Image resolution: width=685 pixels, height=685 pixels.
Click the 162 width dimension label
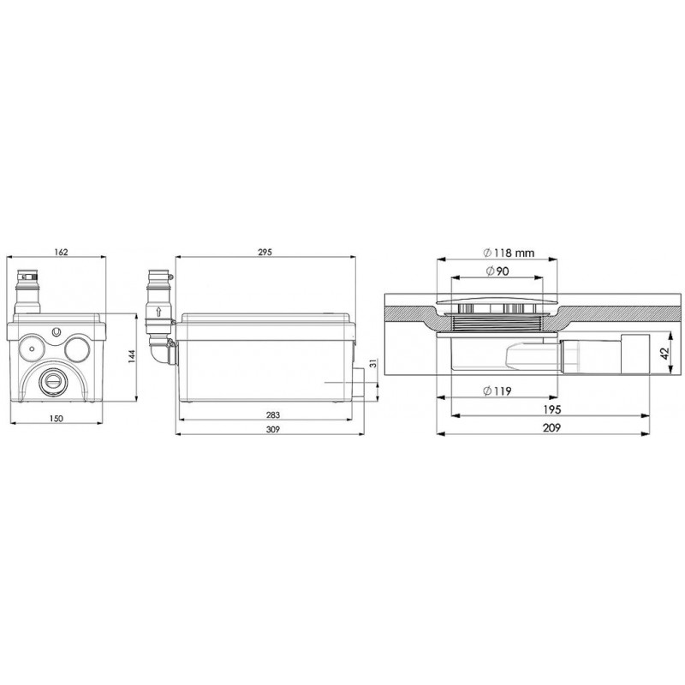61,252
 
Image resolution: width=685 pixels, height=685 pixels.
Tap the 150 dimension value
56,419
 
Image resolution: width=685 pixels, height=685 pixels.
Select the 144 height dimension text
132,356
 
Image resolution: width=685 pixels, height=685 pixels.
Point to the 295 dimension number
265,252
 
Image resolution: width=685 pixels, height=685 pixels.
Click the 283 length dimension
272,414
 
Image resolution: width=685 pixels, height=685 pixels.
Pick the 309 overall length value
272,430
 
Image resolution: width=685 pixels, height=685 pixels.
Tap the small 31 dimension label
372,363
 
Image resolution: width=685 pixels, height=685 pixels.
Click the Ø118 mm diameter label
509,253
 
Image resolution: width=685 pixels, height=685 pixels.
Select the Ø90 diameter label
497,271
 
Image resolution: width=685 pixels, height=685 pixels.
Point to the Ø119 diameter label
497,391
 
